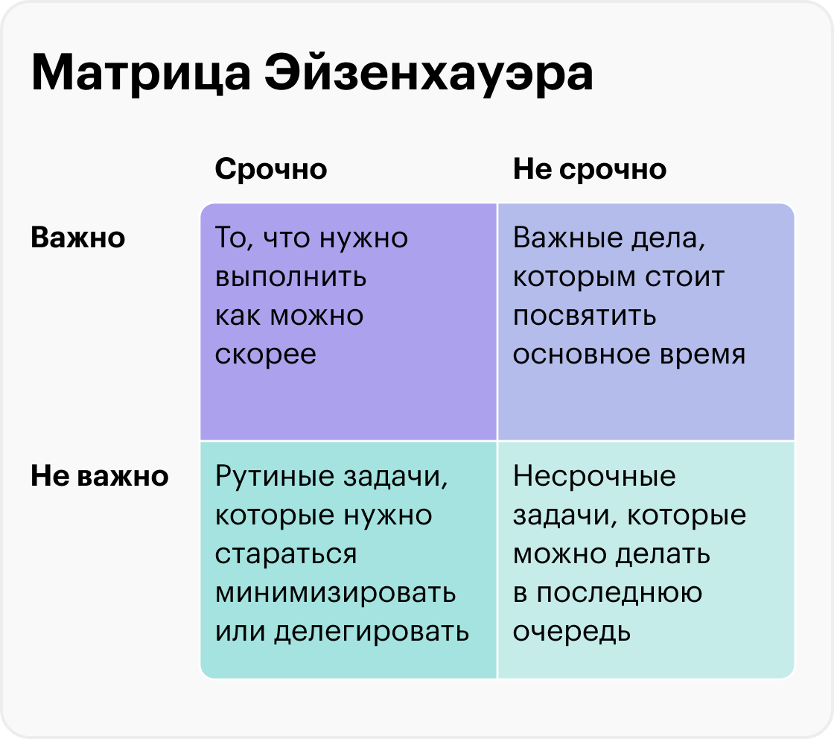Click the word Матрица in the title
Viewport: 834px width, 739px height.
[141, 74]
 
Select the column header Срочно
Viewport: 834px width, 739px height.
[271, 170]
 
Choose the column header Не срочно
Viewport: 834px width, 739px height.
[589, 170]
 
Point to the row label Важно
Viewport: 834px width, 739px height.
[77, 238]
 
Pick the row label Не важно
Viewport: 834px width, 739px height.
[100, 475]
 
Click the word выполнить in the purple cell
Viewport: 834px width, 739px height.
[290, 277]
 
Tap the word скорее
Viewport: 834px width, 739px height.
[265, 355]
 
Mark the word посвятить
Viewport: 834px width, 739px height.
[584, 316]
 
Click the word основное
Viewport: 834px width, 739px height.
[581, 355]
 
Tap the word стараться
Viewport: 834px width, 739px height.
[286, 554]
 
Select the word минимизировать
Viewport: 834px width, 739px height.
[336, 594]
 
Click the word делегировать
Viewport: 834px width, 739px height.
[372, 632]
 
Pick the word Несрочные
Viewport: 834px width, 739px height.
[594, 476]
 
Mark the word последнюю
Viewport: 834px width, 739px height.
[619, 594]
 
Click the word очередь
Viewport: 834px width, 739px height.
[572, 632]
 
